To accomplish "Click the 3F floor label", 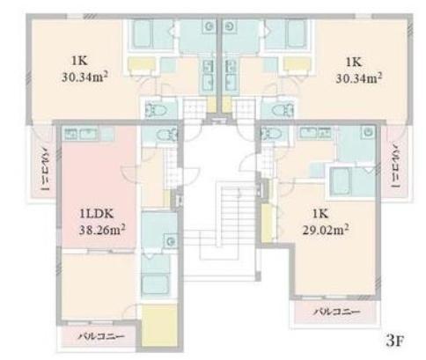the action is pyautogui.click(x=395, y=341).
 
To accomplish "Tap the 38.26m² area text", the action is pyautogui.click(x=102, y=230).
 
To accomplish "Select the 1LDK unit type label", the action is pyautogui.click(x=97, y=214).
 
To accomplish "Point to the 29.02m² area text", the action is pyautogui.click(x=326, y=230).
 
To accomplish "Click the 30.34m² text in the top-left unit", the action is pyautogui.click(x=84, y=77).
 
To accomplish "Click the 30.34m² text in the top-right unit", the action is pyautogui.click(x=359, y=77).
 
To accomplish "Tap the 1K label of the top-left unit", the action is pyautogui.click(x=79, y=61).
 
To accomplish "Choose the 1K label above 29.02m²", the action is pyautogui.click(x=320, y=214).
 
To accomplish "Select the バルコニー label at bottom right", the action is pyautogui.click(x=336, y=312).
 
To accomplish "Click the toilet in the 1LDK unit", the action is pyautogui.click(x=166, y=136).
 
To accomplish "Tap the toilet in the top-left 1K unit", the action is pyautogui.click(x=156, y=110).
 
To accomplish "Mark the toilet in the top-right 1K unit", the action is pyautogui.click(x=283, y=110).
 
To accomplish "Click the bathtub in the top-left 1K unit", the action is pyautogui.click(x=143, y=33).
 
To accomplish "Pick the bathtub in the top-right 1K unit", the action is pyautogui.click(x=297, y=33).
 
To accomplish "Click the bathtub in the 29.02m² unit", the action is pyautogui.click(x=341, y=182).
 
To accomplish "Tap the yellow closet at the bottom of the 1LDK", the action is pyautogui.click(x=159, y=326).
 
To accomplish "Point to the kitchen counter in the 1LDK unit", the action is pyautogui.click(x=88, y=134).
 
